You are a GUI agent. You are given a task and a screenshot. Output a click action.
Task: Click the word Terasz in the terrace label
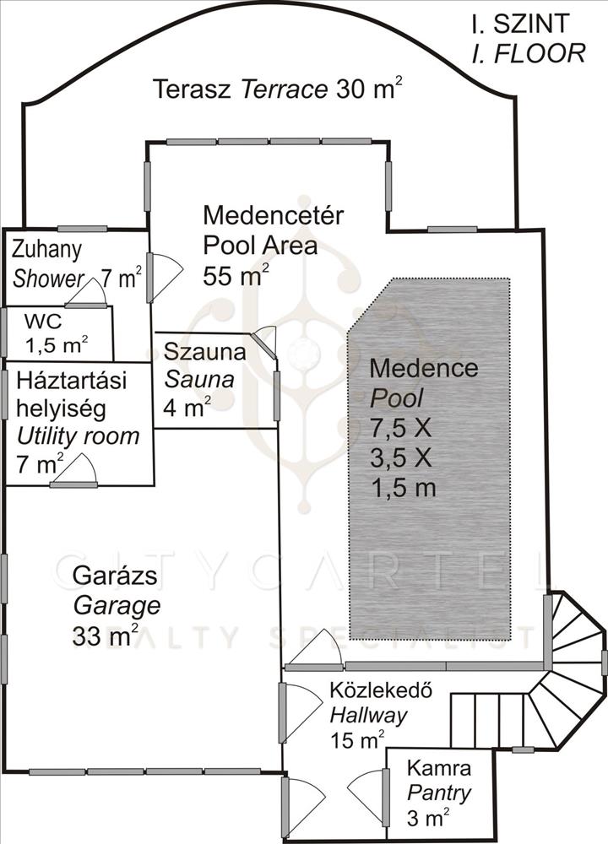point(193,89)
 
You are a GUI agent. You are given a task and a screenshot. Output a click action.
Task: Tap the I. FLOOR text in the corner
point(529,53)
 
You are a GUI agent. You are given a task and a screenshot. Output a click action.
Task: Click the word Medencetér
point(273,215)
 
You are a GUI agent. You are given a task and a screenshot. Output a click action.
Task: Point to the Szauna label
point(204,352)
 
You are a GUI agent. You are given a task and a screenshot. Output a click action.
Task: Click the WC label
point(43,322)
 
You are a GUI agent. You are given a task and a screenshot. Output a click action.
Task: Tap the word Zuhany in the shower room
point(46,251)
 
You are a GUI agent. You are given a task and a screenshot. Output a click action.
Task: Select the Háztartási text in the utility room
point(72,380)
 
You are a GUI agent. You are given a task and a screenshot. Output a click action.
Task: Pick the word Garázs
point(115,576)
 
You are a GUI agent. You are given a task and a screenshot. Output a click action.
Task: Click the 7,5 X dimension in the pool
point(401,429)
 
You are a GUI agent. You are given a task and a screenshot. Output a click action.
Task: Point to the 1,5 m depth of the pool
point(404,488)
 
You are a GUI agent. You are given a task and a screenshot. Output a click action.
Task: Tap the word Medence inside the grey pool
point(424,368)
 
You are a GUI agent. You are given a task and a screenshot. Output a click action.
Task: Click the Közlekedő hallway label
point(381,690)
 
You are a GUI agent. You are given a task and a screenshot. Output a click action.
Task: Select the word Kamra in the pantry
point(439,767)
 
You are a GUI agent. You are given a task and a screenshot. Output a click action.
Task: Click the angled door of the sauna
point(263,344)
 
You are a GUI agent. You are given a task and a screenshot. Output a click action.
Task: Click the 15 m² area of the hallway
point(357,741)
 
